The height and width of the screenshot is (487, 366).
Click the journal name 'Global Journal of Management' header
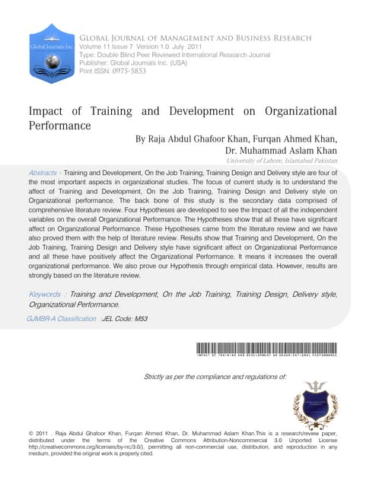click(196, 37)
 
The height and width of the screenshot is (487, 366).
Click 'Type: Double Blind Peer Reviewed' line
click(167, 56)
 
